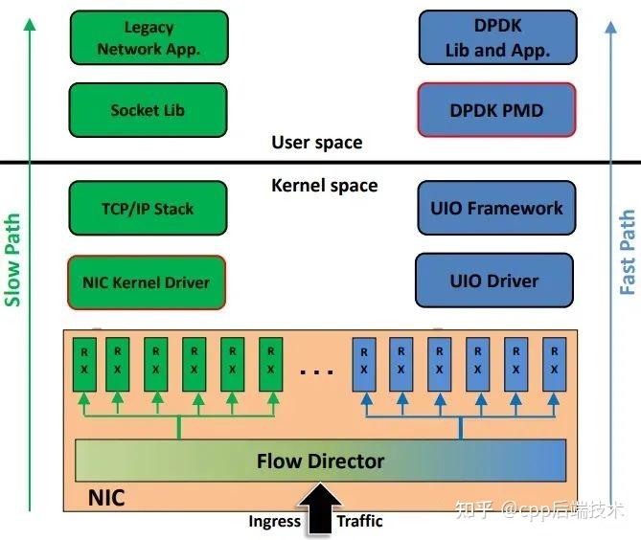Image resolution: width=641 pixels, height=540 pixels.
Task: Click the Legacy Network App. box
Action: [x=149, y=38]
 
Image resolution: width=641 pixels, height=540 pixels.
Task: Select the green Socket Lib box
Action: [x=149, y=110]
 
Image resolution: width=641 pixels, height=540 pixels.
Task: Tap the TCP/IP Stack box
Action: [x=148, y=208]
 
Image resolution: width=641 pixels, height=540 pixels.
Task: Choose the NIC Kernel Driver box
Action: [x=148, y=281]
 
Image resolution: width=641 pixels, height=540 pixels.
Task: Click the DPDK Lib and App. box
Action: [x=497, y=38]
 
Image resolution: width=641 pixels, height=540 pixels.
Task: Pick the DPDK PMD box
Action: [x=496, y=110]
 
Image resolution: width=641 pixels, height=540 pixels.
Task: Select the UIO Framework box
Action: [x=496, y=208]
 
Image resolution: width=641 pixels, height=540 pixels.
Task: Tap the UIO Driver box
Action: [x=493, y=281]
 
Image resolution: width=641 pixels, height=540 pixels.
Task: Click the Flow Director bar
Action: [x=320, y=461]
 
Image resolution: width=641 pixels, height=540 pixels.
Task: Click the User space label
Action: [x=316, y=143]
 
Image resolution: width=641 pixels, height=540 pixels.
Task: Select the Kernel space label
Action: [x=324, y=185]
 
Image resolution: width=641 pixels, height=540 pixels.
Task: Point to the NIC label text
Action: [x=106, y=499]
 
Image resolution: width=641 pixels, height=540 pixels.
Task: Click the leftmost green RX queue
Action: [x=79, y=363]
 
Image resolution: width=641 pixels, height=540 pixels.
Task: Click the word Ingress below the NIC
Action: [x=275, y=522]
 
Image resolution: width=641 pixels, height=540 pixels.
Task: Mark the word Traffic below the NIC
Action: [x=359, y=522]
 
